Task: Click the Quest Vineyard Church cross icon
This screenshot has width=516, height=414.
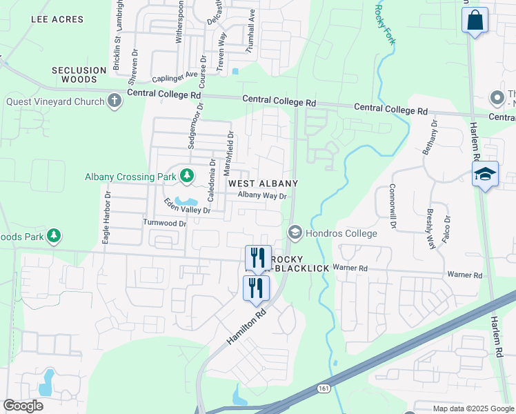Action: [x=115, y=101]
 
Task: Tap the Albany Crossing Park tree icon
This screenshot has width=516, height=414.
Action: [x=186, y=177]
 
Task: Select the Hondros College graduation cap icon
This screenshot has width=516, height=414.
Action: [x=295, y=233]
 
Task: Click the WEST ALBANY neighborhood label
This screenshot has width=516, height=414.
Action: [x=263, y=184]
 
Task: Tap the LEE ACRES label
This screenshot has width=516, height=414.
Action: [x=57, y=19]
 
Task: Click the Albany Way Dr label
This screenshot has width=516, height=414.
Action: [x=262, y=195]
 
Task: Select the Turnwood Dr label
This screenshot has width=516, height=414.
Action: [x=164, y=223]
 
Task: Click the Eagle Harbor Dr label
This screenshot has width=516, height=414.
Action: [x=107, y=217]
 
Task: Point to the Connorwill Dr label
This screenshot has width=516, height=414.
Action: [x=392, y=206]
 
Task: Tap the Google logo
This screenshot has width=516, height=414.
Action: [x=23, y=406]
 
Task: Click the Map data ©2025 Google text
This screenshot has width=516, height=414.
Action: [x=473, y=408]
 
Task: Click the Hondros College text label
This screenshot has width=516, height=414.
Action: [x=342, y=233]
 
